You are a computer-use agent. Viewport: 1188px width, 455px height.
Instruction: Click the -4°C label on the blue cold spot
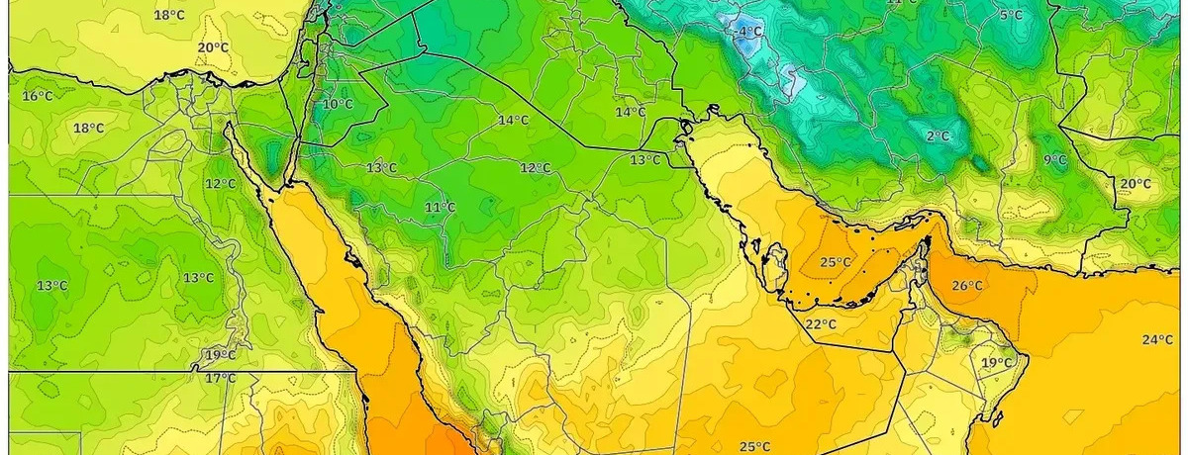749,32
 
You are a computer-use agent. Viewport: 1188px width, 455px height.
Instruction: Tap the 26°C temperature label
967,286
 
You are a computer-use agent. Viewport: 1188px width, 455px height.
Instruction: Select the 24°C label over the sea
1156,340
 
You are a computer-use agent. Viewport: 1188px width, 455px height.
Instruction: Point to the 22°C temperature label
820,324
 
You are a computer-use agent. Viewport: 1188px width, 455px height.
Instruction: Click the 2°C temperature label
938,136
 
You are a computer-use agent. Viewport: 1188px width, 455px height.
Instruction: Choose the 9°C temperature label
1055,159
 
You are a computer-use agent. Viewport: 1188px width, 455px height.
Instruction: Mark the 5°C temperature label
1011,15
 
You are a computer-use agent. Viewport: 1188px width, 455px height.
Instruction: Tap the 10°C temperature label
338,104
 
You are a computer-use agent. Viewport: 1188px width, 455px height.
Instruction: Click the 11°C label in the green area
440,207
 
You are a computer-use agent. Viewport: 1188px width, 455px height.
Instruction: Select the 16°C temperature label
37,96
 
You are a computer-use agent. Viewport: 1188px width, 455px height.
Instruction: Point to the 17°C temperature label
220,378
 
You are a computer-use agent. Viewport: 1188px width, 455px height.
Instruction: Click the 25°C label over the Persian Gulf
836,262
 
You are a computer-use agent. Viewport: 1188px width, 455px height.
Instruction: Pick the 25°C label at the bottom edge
755,446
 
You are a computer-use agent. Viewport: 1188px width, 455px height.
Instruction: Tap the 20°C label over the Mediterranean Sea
213,47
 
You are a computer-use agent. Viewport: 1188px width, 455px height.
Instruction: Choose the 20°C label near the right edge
1135,184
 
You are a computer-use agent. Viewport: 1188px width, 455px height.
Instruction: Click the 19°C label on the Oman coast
997,363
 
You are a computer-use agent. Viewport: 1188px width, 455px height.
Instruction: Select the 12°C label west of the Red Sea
220,184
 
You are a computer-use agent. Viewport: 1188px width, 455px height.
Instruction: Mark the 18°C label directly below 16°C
88,128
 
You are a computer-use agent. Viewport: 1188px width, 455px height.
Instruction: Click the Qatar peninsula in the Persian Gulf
777,263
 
